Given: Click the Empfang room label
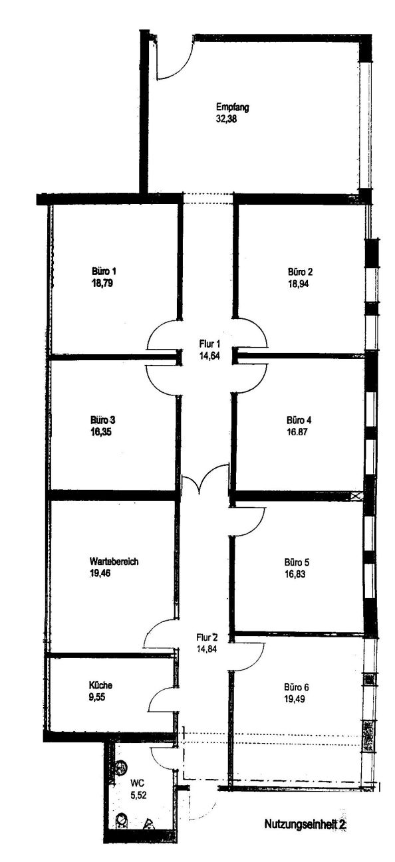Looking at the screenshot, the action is click(x=233, y=107).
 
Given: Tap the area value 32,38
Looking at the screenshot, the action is click(x=226, y=119).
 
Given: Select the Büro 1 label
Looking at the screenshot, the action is click(x=104, y=271).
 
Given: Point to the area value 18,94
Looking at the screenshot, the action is click(x=299, y=284).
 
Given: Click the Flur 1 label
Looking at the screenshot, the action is click(x=210, y=344).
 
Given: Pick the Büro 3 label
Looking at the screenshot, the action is click(x=103, y=419).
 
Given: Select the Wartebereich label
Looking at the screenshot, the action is click(x=114, y=562).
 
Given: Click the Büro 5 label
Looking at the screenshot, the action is click(x=297, y=562).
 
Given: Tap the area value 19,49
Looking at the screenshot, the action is click(x=295, y=699).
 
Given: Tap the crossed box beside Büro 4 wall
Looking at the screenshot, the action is click(x=356, y=496).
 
